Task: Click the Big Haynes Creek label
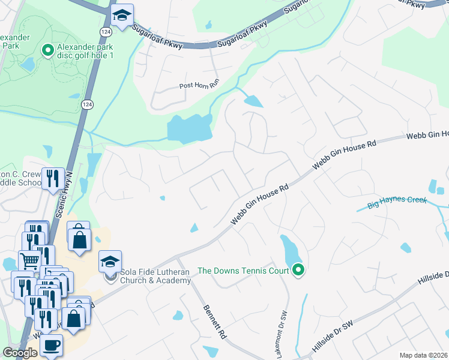(397, 200)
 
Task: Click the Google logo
(20, 353)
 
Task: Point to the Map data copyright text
(423, 355)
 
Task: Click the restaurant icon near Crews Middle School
(53, 178)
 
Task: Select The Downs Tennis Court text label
(243, 271)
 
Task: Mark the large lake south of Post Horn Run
(188, 127)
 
